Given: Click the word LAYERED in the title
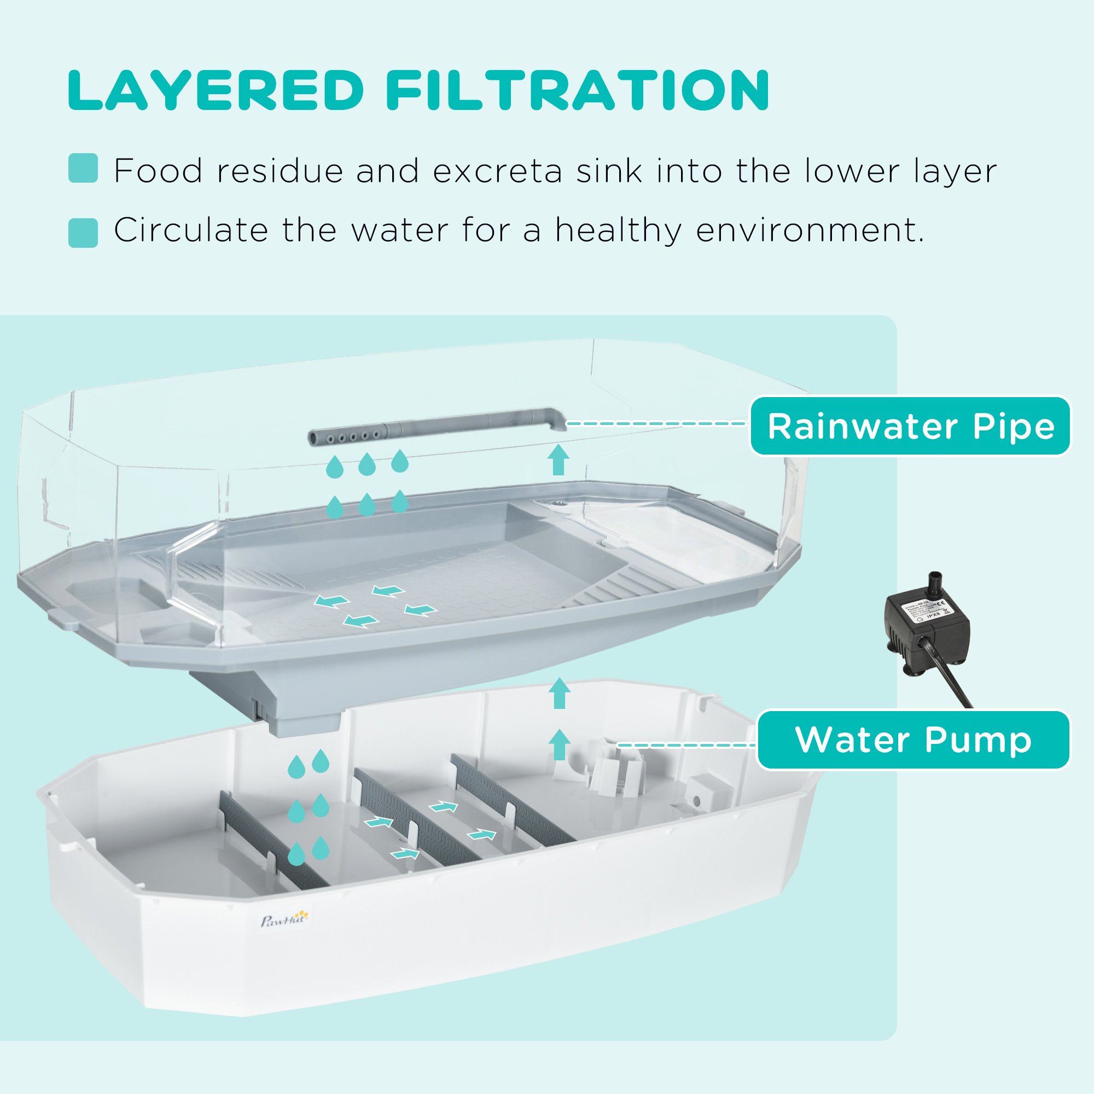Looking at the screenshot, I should point(216,91).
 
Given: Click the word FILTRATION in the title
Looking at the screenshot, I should point(577,91).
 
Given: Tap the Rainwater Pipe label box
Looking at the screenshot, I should point(910,426).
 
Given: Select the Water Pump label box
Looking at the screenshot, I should point(913,740).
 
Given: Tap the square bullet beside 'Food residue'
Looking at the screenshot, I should point(83,168).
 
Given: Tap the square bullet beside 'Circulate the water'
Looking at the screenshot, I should point(83,232).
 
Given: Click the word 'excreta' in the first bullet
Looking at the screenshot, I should point(497,171).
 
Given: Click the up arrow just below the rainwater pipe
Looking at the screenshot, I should point(559,460).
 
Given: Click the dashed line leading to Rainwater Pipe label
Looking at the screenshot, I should point(657,423).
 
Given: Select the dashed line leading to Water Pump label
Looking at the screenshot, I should point(685,745).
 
